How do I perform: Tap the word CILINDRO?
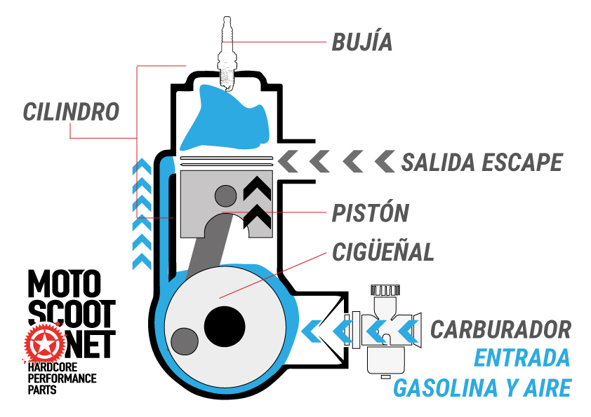point(71,111)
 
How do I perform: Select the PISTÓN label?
point(370,213)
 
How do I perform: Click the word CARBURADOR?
point(500,329)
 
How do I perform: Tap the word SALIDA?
point(439,163)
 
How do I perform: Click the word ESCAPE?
point(522,163)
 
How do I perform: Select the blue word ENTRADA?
point(522,357)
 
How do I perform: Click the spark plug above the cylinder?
point(227,53)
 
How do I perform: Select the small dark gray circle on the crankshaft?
point(184,341)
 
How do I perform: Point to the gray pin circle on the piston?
point(226,194)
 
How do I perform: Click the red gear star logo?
point(41,342)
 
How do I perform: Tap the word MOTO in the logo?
point(64,285)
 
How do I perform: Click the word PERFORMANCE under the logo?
point(62,378)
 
